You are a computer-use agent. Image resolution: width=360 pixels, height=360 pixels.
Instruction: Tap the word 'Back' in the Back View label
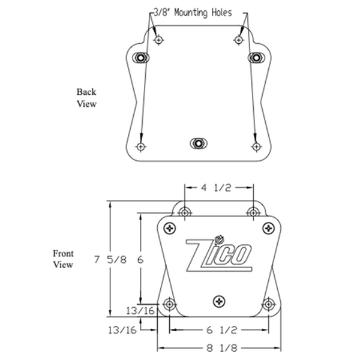pyautogui.click(x=86, y=92)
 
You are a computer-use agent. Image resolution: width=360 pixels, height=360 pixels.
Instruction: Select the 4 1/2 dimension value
pyautogui.click(x=215, y=188)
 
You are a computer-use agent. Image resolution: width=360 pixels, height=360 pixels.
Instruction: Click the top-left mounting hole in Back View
pyautogui.click(x=158, y=40)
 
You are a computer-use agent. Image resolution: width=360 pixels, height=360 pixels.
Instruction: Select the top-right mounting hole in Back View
pyautogui.click(x=239, y=40)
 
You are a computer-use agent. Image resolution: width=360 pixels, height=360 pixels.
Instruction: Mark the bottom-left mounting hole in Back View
pyautogui.click(x=141, y=146)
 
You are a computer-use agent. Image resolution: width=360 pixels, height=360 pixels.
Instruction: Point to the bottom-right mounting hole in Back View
pyautogui.click(x=256, y=146)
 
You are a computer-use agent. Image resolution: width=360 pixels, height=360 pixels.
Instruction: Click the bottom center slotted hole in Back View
pyautogui.click(x=197, y=143)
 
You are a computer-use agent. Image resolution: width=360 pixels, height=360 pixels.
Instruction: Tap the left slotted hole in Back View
pyautogui.click(x=142, y=58)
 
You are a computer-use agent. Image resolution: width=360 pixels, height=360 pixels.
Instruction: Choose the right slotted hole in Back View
pyautogui.click(x=256, y=58)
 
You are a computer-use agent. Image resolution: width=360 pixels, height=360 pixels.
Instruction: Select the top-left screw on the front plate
pyautogui.click(x=170, y=228)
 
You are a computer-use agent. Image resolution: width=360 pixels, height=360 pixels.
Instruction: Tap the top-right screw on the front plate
pyautogui.click(x=267, y=228)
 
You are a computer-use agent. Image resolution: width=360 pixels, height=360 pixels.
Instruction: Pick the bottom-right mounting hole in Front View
pyautogui.click(x=268, y=304)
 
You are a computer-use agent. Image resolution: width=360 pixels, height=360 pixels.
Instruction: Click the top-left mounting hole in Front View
pyautogui.click(x=185, y=212)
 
